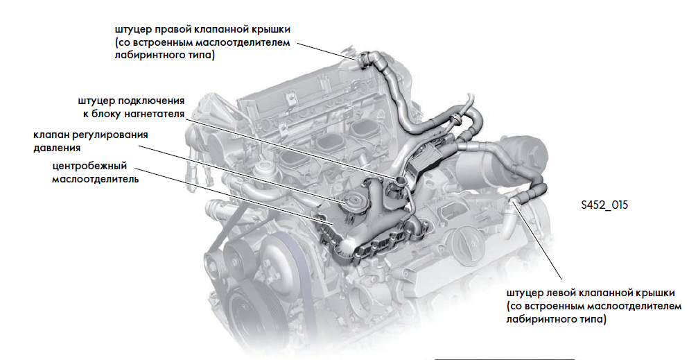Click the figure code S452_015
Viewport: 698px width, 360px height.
[604, 205]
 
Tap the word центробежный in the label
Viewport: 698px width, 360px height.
[89, 166]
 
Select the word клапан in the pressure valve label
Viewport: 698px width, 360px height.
[51, 135]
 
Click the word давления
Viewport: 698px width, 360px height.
[57, 148]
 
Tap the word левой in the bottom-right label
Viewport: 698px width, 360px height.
[561, 293]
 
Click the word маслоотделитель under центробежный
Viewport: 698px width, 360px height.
[95, 180]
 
